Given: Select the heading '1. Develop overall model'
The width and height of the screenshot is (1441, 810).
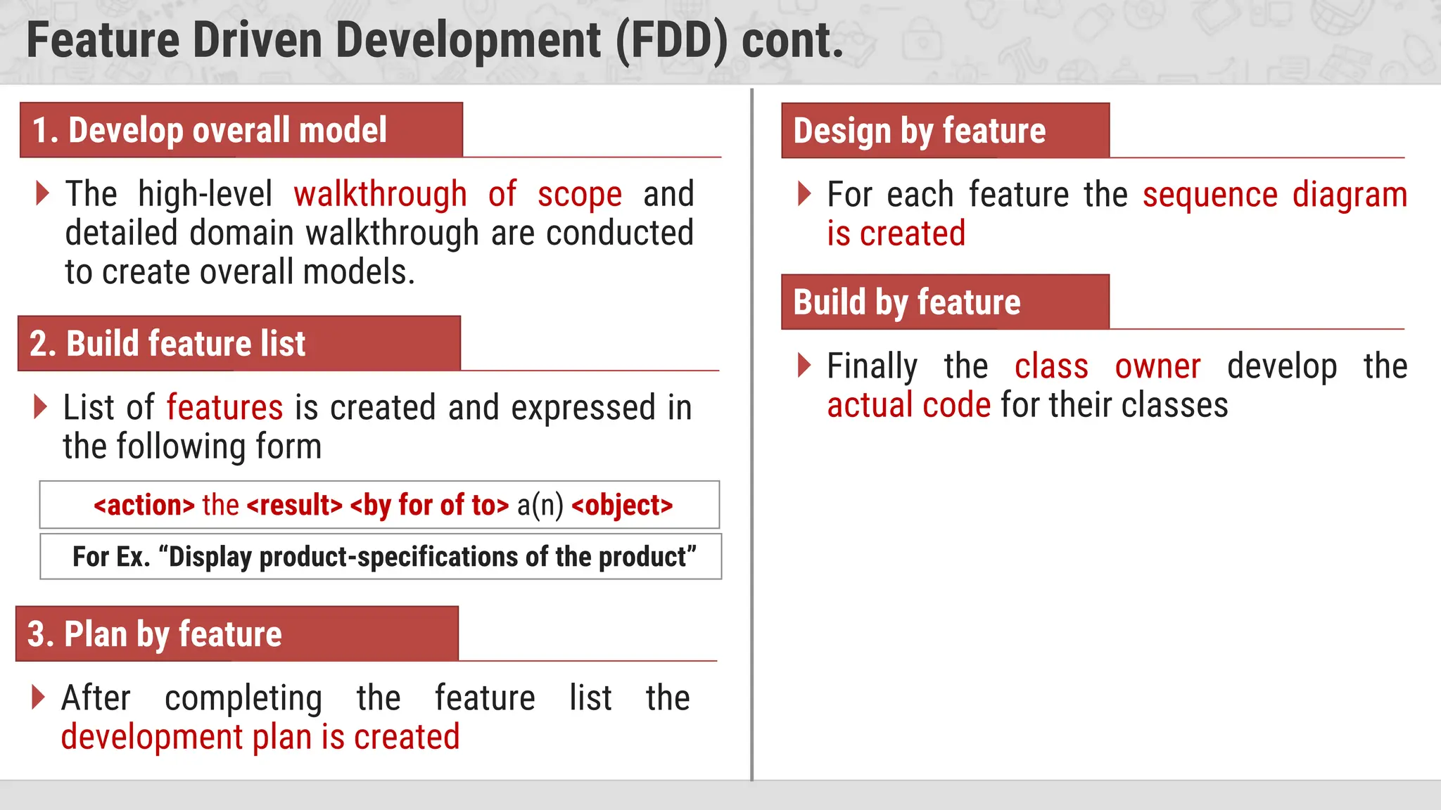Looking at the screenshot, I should pyautogui.click(x=210, y=131).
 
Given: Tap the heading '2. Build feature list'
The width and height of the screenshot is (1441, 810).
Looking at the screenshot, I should pyautogui.click(x=167, y=344).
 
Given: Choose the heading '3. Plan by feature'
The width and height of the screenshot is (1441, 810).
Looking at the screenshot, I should pyautogui.click(x=155, y=634).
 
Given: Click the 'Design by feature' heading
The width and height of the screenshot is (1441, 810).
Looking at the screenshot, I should pyautogui.click(x=920, y=131).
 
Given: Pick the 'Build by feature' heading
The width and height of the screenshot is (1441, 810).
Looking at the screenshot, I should pyautogui.click(x=907, y=302).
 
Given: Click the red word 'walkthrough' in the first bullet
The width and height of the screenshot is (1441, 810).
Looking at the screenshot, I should pyautogui.click(x=380, y=195).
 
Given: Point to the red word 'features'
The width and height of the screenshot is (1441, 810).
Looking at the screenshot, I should pyautogui.click(x=224, y=408).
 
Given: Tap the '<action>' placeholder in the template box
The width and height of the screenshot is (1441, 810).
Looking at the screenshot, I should pyautogui.click(x=144, y=506).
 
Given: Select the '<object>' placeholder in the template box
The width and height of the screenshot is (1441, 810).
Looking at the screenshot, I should pyautogui.click(x=622, y=506).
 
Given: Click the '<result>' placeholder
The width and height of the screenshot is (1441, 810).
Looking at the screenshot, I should pyautogui.click(x=295, y=506).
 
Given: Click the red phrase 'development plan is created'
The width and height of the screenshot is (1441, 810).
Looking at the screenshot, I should pyautogui.click(x=260, y=738).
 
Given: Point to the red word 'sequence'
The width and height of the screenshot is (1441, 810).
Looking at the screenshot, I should pyautogui.click(x=1210, y=195).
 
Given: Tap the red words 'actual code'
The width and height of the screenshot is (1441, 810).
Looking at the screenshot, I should pyautogui.click(x=908, y=406).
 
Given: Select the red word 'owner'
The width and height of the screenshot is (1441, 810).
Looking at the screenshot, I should pyautogui.click(x=1157, y=367).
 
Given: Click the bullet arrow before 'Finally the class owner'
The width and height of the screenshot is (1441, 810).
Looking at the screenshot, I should pyautogui.click(x=804, y=365).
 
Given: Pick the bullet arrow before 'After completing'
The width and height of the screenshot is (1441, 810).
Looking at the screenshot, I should pyautogui.click(x=39, y=697).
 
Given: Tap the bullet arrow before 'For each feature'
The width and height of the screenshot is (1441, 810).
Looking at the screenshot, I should pyautogui.click(x=804, y=193).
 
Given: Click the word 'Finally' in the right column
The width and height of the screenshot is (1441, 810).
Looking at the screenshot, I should pyautogui.click(x=872, y=367).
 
